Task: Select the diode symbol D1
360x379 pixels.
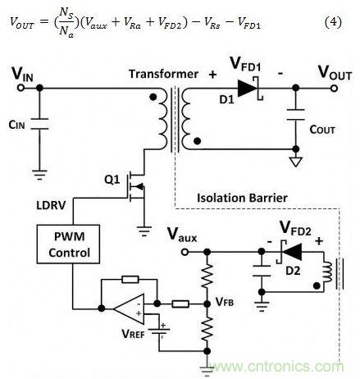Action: tap(245, 86)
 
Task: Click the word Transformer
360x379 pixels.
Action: tap(163, 74)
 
